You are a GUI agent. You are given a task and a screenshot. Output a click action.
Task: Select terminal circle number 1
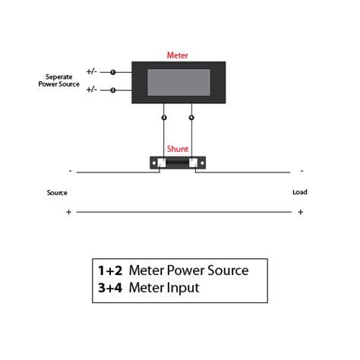tap(113, 72)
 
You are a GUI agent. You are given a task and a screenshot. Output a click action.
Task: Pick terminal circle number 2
tap(113, 90)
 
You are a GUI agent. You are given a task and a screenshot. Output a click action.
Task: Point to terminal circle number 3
tap(163, 118)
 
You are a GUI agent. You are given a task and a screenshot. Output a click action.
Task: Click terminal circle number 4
tap(191, 118)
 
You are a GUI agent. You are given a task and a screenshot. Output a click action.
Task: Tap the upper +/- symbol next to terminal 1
tap(91, 72)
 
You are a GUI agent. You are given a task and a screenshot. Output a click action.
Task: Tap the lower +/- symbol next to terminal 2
tap(91, 90)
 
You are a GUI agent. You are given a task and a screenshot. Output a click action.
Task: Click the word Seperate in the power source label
tap(58, 77)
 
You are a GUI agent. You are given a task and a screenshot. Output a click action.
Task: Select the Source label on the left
tap(57, 193)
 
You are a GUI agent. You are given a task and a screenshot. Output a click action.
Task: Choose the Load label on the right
tap(300, 192)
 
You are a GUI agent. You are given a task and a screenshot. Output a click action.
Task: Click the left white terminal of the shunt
tap(161, 163)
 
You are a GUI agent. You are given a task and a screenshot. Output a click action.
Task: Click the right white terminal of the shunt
tap(194, 163)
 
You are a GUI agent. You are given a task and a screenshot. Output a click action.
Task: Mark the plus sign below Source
tap(68, 212)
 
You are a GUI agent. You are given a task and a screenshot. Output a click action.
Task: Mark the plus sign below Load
tap(301, 212)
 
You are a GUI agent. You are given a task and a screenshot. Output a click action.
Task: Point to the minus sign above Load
tap(302, 171)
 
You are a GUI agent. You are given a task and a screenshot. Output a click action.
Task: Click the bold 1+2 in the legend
tap(109, 270)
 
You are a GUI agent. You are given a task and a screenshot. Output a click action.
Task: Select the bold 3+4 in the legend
tap(109, 288)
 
